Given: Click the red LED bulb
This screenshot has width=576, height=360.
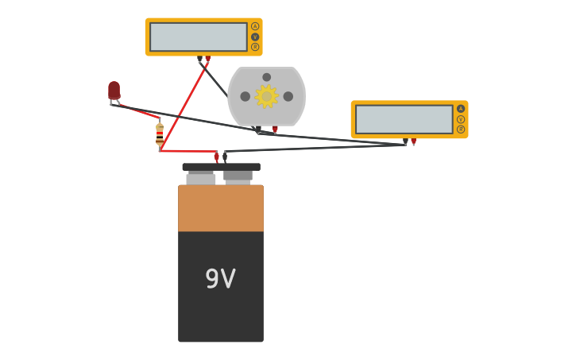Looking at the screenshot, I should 114,90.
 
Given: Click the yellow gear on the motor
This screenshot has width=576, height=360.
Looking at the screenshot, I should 266,97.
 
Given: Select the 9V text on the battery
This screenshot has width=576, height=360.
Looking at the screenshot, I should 220,279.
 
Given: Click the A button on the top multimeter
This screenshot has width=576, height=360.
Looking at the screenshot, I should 255,26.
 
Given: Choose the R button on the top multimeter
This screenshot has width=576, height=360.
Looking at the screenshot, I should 255,47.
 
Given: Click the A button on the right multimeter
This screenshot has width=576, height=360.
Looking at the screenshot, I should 461,109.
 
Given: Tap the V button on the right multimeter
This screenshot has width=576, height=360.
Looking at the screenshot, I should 461,119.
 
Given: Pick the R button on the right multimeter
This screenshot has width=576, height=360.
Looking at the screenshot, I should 461,130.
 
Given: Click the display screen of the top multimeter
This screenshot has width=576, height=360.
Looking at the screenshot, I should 199,37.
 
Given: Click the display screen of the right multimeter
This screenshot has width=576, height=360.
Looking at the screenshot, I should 404,119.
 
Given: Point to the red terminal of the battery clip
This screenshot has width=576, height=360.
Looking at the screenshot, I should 216,157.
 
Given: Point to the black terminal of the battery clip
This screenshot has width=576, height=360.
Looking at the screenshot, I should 225,157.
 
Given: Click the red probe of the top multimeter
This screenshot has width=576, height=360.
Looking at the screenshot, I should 208,60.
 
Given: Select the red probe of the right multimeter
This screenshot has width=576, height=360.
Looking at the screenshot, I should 413,142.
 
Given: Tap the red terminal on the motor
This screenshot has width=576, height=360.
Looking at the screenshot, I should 275,130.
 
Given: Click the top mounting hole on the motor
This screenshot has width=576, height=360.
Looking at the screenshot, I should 266,77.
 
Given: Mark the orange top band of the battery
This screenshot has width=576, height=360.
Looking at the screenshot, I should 220,208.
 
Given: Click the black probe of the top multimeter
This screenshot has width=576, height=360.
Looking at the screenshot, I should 199,60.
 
